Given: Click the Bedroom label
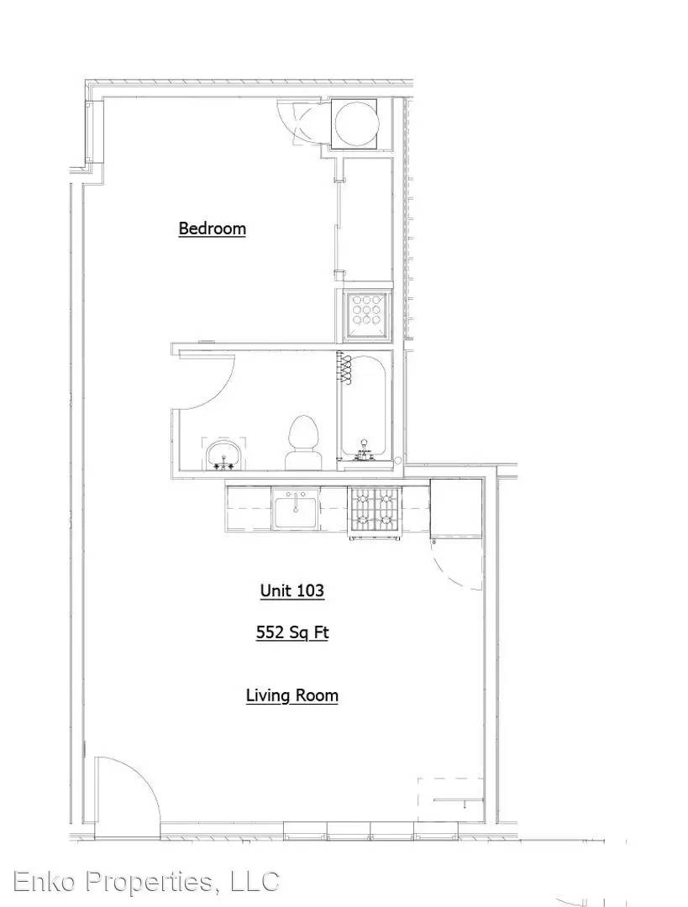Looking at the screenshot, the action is tap(212, 228).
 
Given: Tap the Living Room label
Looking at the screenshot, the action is tap(291, 695).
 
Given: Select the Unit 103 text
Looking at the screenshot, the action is tap(291, 590).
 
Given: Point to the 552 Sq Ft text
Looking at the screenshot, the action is tap(292, 632).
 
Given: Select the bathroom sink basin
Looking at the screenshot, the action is tap(223, 454).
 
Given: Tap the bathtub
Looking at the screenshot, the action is tap(365, 408).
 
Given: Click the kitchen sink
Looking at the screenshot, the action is tap(296, 509).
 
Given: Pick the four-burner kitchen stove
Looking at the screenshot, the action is tap(374, 512).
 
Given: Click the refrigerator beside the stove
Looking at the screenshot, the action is tap(456, 508).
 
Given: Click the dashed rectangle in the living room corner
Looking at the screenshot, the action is tap(449, 800).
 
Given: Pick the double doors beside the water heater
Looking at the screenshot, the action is tap(300, 122).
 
